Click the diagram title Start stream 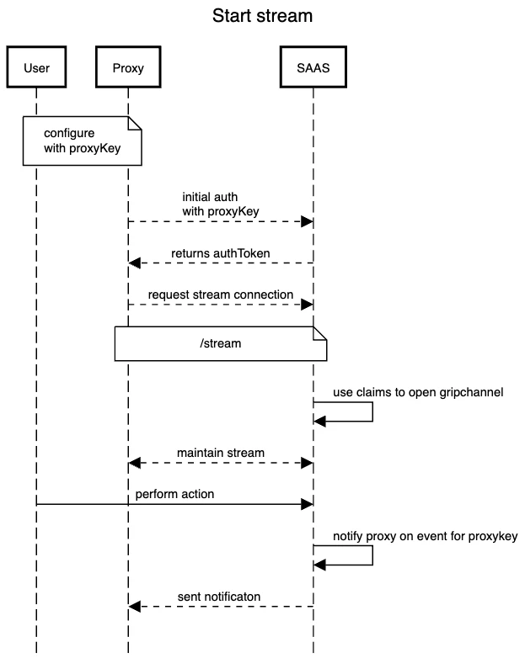[x=262, y=16]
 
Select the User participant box [x=36, y=68]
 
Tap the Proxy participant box [x=127, y=68]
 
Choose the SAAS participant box [x=313, y=68]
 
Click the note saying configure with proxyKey [x=82, y=141]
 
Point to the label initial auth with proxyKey [x=220, y=204]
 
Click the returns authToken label [x=220, y=252]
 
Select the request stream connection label [x=220, y=295]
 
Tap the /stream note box [x=220, y=344]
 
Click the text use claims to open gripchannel [x=418, y=391]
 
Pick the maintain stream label [x=220, y=453]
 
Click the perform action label [x=174, y=494]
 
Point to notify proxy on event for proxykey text [x=424, y=535]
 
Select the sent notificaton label [x=219, y=597]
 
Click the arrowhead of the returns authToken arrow [x=134, y=263]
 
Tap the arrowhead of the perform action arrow [x=307, y=504]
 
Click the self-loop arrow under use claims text [x=372, y=412]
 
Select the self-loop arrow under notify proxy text [x=372, y=555]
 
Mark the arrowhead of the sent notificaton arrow [x=134, y=607]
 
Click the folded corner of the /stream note [x=319, y=333]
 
